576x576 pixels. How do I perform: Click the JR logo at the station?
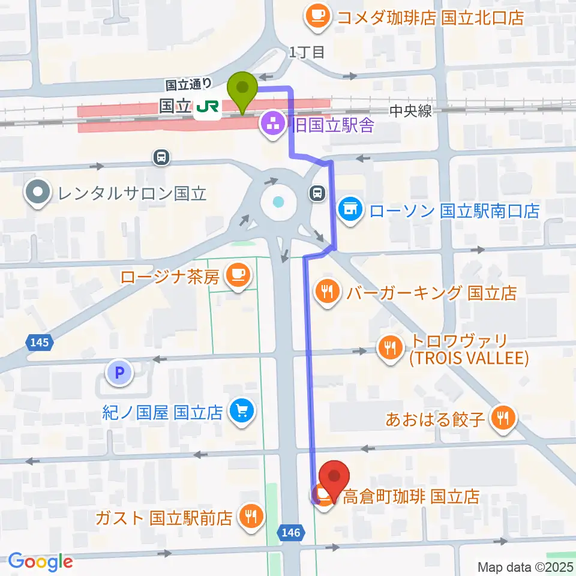pos(207,107)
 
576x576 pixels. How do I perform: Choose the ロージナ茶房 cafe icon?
pos(237,276)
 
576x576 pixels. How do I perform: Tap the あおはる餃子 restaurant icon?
pos(503,418)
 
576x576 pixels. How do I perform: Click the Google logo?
pos(40,562)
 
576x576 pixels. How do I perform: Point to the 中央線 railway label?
pos(410,112)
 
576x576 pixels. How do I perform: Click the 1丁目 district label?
pos(306,53)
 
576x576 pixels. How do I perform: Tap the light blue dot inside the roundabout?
pos(277,202)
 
